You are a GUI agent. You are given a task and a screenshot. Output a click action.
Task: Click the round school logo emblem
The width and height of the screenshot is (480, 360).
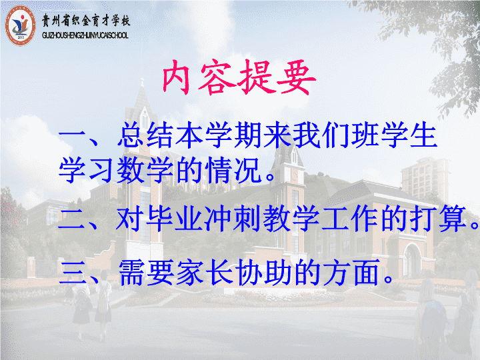[x=20, y=26]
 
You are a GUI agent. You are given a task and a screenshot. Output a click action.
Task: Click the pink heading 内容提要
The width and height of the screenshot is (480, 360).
[x=239, y=77]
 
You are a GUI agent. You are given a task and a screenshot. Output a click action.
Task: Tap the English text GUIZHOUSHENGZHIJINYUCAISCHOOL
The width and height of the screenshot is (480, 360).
[x=85, y=35]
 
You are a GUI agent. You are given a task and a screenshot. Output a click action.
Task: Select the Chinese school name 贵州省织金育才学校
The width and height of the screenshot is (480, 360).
[x=86, y=21]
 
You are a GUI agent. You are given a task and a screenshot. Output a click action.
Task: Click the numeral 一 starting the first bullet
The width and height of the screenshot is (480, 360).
[x=71, y=134]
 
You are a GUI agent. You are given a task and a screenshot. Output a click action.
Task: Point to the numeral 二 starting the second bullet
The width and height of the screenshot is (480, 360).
[x=71, y=219]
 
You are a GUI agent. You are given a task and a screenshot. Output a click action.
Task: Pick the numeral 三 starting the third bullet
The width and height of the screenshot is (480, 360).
[x=73, y=273]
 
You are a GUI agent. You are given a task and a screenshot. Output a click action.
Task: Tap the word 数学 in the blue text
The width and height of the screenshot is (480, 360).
[x=145, y=169]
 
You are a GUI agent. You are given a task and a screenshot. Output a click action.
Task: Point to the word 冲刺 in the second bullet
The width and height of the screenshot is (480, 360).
[x=233, y=219]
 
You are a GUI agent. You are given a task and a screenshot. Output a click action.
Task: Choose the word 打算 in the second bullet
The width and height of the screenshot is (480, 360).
[x=438, y=219]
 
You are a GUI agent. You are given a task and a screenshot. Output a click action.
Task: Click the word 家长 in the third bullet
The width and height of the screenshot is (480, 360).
[x=205, y=273]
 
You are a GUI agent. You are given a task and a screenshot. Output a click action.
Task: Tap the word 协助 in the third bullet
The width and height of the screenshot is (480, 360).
[x=263, y=273]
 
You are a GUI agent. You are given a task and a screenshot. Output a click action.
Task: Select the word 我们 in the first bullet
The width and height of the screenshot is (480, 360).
[x=321, y=135]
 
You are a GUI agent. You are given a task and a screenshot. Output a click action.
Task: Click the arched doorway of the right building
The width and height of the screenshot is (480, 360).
[x=412, y=259]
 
